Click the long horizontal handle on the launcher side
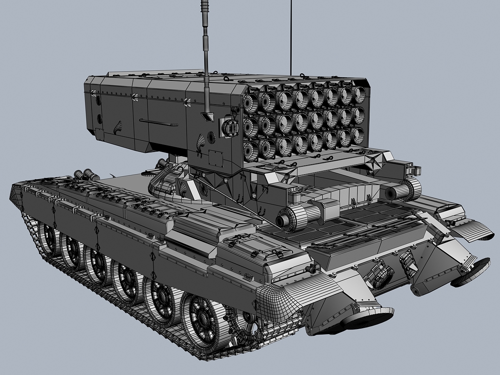(158, 122)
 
